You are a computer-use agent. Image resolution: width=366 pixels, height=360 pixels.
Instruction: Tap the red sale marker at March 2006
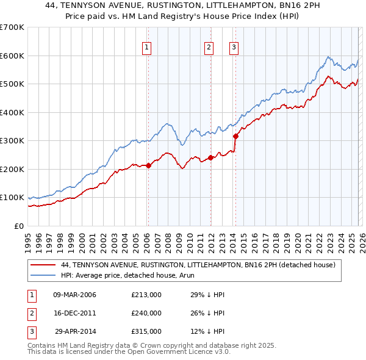pos(148,165)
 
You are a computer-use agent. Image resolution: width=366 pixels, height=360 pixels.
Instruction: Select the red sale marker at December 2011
pos(210,157)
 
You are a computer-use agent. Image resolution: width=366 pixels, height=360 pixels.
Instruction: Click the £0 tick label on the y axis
pos(19,226)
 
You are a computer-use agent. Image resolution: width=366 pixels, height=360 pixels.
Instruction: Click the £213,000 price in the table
pos(146,295)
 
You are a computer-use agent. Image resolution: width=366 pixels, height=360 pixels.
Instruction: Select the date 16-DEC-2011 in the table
pos(75,313)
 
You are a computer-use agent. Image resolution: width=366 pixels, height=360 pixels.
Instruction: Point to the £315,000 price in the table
pos(146,331)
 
